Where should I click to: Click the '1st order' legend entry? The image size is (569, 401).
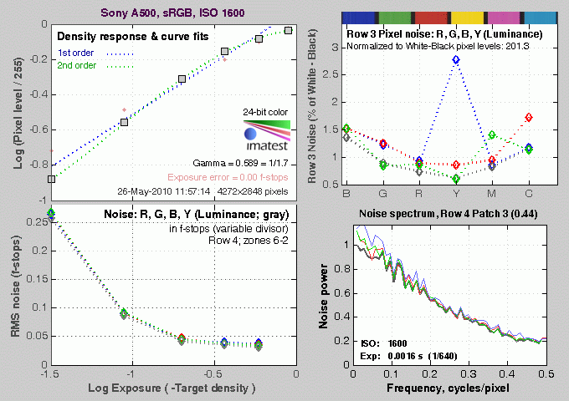tap(75, 53)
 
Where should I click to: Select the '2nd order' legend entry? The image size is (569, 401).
tap(76, 66)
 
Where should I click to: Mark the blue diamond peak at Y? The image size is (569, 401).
tap(455, 60)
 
